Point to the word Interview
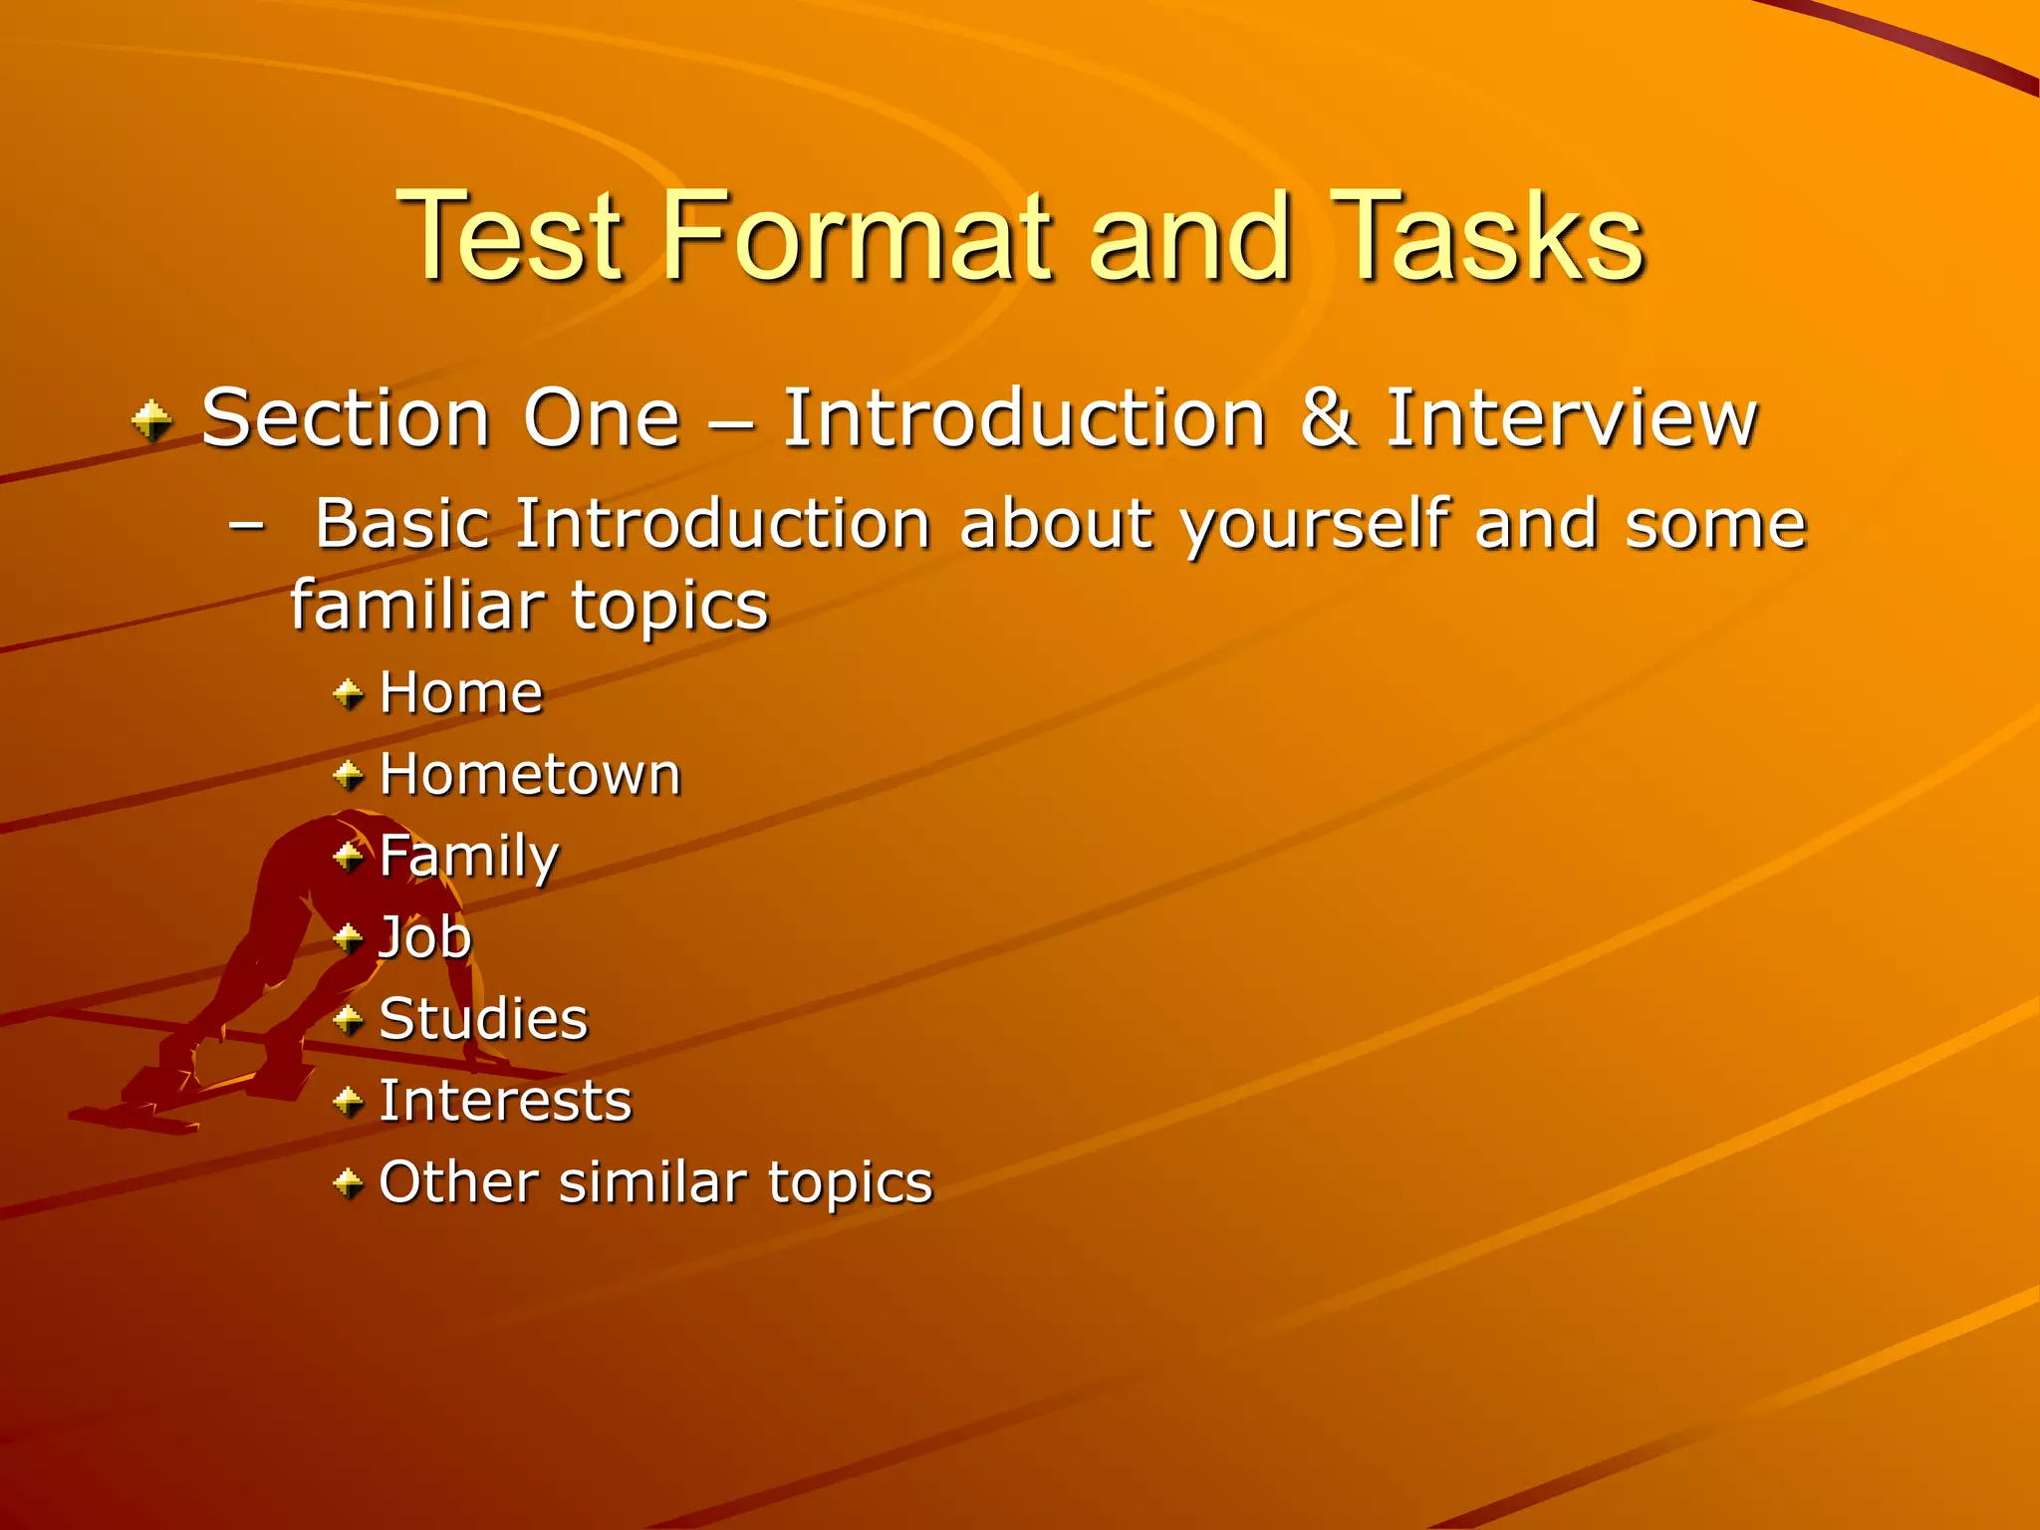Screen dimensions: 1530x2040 click(1571, 418)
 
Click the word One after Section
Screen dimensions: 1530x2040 click(602, 418)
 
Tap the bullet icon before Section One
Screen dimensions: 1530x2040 click(151, 420)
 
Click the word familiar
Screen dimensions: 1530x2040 click(417, 605)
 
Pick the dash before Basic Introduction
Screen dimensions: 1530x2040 click(246, 525)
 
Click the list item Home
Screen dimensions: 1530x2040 click(460, 692)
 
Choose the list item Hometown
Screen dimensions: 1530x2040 click(530, 774)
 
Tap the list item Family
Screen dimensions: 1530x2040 click(468, 857)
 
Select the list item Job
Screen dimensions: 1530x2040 click(425, 938)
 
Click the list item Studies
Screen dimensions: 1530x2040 click(483, 1019)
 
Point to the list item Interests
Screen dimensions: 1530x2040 click(505, 1101)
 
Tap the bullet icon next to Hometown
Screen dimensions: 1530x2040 click(349, 774)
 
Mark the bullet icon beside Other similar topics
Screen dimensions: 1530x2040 click(349, 1183)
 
